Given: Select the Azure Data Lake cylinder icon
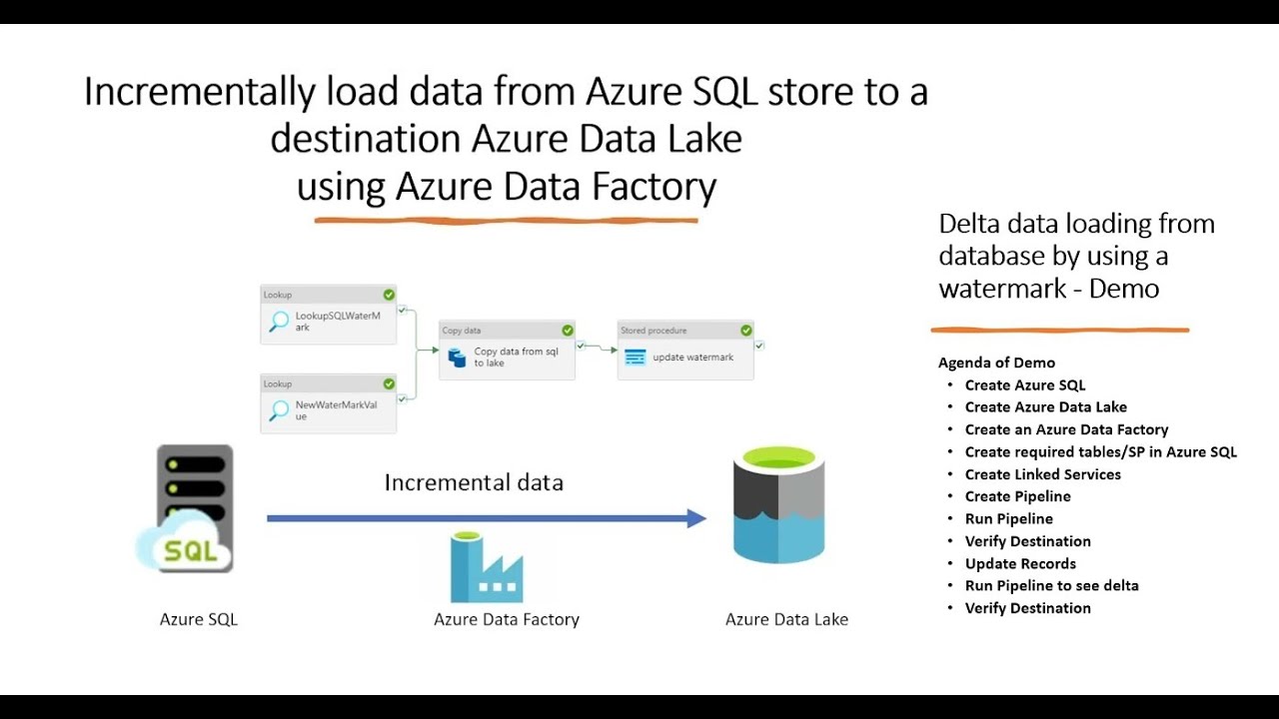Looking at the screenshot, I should (x=778, y=505).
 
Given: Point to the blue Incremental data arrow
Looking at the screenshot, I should (x=486, y=518).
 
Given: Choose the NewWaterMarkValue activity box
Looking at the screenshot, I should (x=328, y=403).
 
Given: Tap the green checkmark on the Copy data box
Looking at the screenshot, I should (x=568, y=331).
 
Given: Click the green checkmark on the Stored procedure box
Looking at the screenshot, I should (x=746, y=331).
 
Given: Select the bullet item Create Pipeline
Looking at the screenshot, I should (x=1017, y=496).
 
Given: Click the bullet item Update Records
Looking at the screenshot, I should (x=1020, y=563).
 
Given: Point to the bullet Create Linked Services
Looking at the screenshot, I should (x=1042, y=474).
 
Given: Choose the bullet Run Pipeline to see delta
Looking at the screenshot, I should (x=1051, y=585).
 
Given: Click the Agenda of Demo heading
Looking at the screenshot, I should (x=996, y=362).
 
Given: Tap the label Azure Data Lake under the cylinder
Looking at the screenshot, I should (x=786, y=619).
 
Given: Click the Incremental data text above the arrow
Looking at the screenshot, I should (x=474, y=483).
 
